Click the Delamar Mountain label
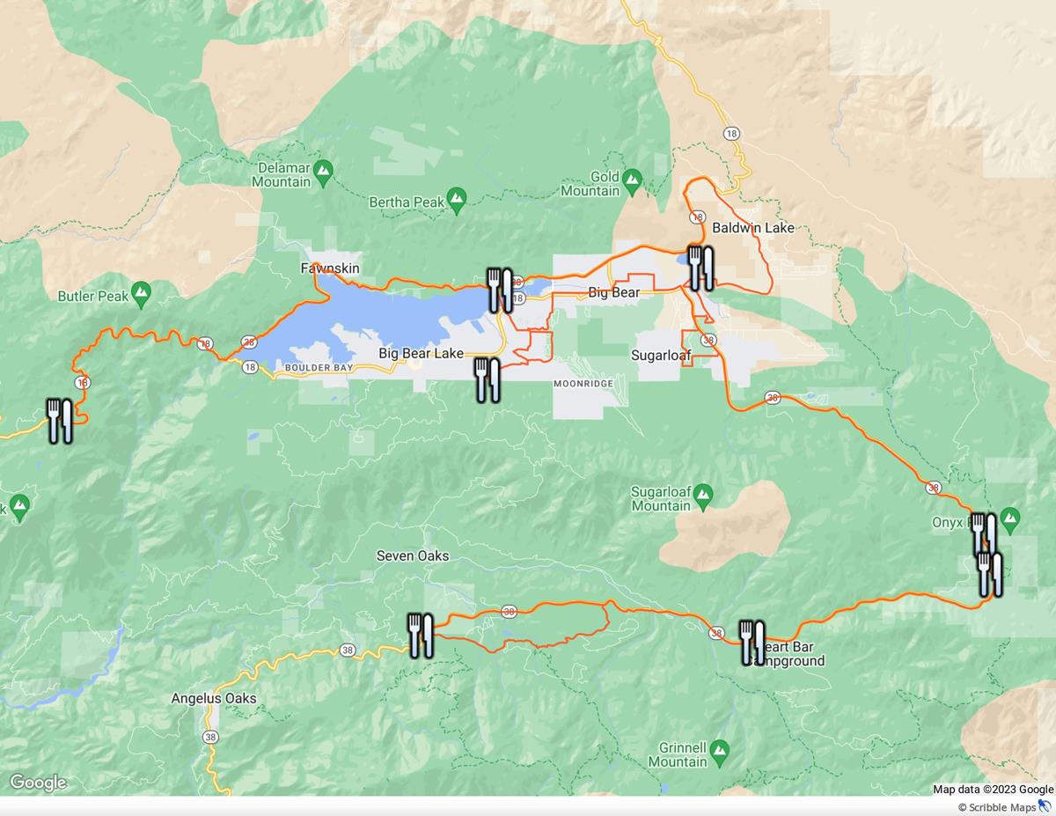[x=282, y=174]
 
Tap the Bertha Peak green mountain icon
[x=456, y=202]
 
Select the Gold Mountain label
[x=591, y=184]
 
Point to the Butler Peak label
[x=93, y=296]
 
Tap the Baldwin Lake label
[x=752, y=228]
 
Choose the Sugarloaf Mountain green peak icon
[x=702, y=499]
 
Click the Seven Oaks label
[x=412, y=555]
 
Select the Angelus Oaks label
[x=214, y=699]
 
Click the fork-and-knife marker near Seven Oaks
[x=420, y=636]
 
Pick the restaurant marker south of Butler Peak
[x=59, y=421]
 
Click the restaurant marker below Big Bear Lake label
[x=487, y=379]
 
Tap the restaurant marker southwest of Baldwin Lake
[x=700, y=268]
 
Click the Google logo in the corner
[x=38, y=783]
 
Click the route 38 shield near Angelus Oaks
[x=209, y=737]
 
